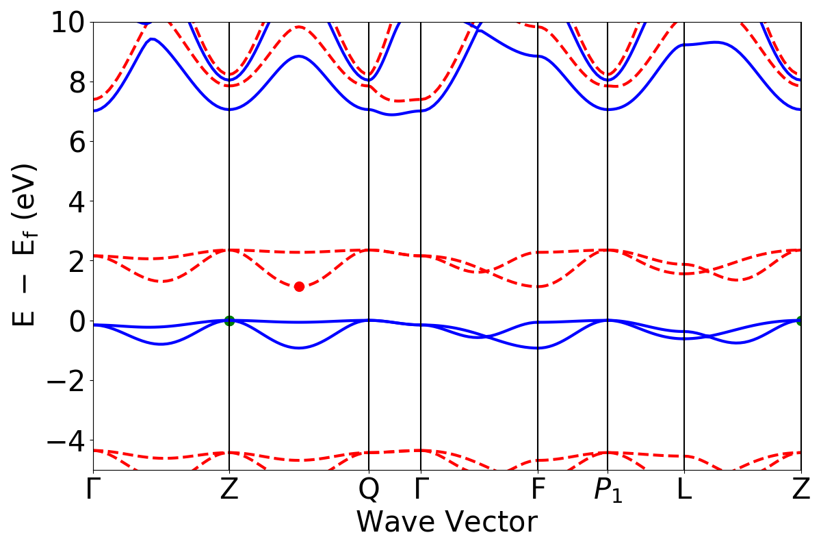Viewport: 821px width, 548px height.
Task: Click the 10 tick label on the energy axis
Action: coord(66,23)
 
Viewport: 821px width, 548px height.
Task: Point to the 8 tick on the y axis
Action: coord(75,82)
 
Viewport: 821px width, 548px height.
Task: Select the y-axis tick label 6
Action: coord(75,142)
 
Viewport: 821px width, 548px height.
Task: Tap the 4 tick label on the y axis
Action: coord(75,201)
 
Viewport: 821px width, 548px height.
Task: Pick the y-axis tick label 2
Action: coord(75,261)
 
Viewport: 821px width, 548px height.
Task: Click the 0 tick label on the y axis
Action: coord(75,321)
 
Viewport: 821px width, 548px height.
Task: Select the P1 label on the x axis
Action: coord(608,491)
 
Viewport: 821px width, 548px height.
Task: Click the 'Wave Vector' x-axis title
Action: coord(446,523)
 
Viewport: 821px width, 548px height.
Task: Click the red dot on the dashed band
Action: coord(299,286)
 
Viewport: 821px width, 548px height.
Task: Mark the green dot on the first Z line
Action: coord(229,321)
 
